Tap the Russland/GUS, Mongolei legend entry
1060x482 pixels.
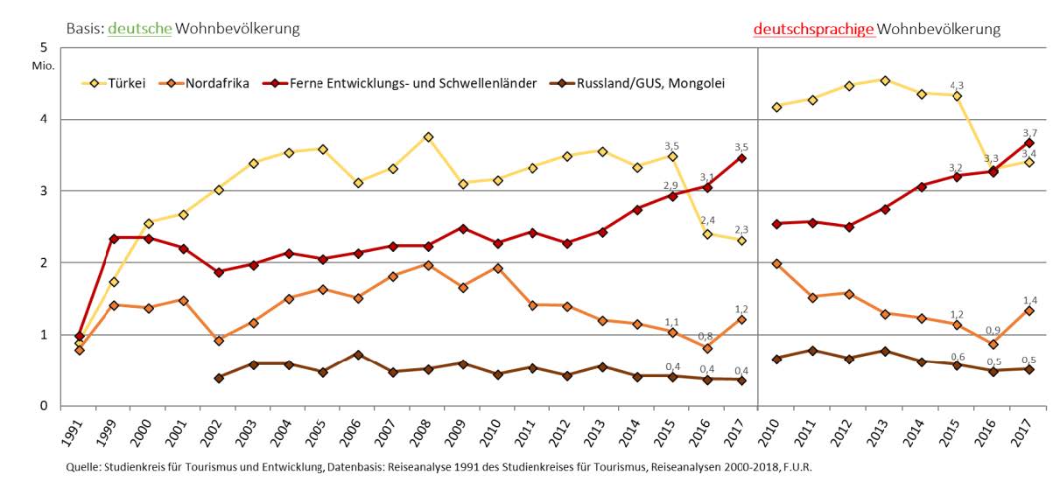(648, 84)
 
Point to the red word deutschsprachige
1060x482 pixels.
(813, 29)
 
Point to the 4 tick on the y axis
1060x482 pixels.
(43, 119)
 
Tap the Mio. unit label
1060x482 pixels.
(43, 66)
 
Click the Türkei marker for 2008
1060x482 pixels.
(428, 137)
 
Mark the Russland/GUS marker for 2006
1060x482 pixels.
(358, 355)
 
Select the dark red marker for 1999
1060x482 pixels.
(114, 238)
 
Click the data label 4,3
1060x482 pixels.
(957, 85)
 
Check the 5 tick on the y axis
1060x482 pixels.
(43, 47)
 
